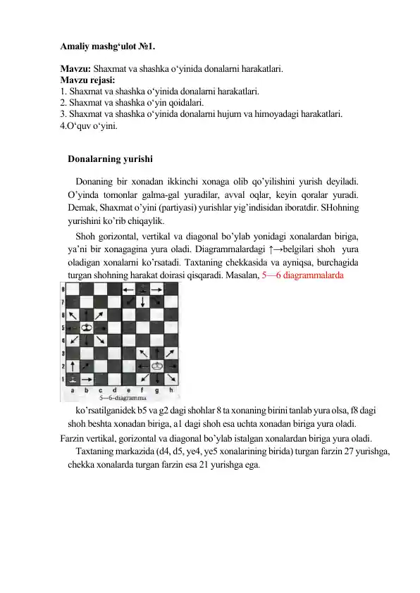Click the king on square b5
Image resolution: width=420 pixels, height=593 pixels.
pos(87,327)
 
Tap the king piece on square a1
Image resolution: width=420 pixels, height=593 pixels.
pos(73,379)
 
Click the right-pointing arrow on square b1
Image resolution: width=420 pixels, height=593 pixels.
pos(87,380)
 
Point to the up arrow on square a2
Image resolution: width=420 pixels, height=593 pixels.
pos(73,366)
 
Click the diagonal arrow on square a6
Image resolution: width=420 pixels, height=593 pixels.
pos(73,315)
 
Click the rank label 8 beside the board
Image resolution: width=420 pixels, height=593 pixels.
pos(64,289)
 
